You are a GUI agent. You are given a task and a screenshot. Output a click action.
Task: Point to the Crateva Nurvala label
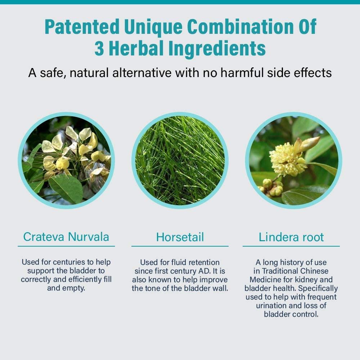[x=66, y=237]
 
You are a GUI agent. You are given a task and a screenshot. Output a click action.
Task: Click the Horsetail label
[x=180, y=237]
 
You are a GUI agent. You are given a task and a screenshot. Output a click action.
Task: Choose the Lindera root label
[x=291, y=237]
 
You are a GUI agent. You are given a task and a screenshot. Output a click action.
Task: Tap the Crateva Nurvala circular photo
[x=66, y=161]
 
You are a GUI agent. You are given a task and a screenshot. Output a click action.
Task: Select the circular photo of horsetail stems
[x=180, y=161]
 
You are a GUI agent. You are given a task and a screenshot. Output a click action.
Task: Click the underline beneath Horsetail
[x=180, y=246]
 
